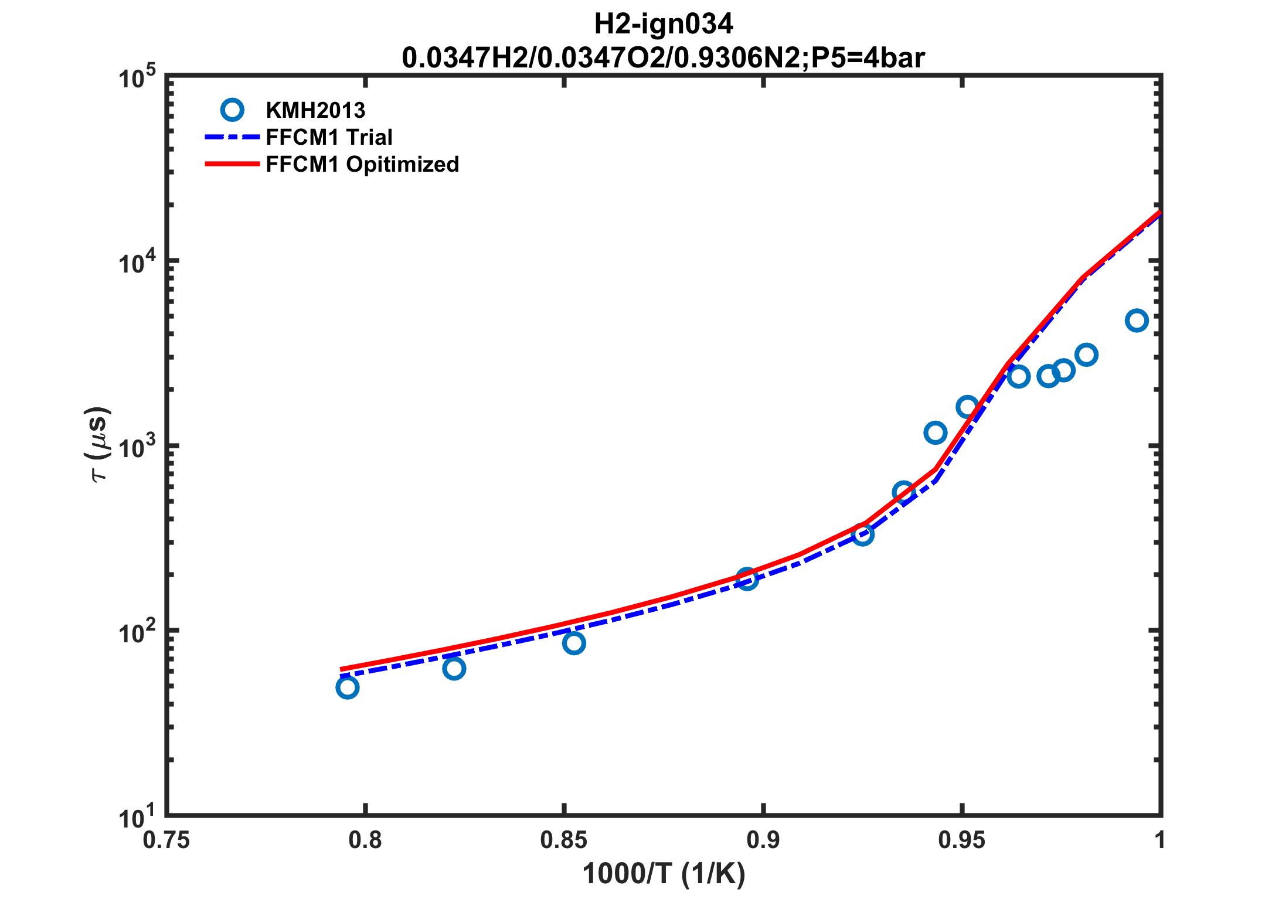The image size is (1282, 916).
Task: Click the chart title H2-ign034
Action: pyautogui.click(x=663, y=24)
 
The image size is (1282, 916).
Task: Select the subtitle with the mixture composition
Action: pyautogui.click(x=663, y=58)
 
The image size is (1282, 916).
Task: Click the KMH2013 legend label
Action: pyautogui.click(x=315, y=110)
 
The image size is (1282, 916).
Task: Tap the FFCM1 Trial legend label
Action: pyautogui.click(x=329, y=137)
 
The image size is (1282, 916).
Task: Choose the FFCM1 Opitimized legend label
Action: pyautogui.click(x=362, y=164)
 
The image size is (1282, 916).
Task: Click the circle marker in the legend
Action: pyautogui.click(x=232, y=110)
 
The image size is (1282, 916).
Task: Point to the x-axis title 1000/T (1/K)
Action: pyautogui.click(x=663, y=874)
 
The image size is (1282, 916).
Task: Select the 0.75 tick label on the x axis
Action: pyautogui.click(x=166, y=840)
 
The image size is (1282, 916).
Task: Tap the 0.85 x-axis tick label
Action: pyautogui.click(x=563, y=840)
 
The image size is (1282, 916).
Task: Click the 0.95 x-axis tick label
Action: pyautogui.click(x=961, y=840)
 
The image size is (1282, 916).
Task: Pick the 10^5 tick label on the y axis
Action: pyautogui.click(x=138, y=79)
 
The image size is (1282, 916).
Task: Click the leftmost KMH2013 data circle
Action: pyautogui.click(x=348, y=687)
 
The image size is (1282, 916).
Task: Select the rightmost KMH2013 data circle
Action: pyautogui.click(x=1137, y=321)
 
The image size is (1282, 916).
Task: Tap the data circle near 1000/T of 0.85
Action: pyautogui.click(x=574, y=643)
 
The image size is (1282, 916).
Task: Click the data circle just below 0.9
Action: pyautogui.click(x=747, y=579)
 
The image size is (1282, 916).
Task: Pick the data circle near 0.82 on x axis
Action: pyautogui.click(x=454, y=668)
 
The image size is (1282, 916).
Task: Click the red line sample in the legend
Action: pyautogui.click(x=232, y=164)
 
